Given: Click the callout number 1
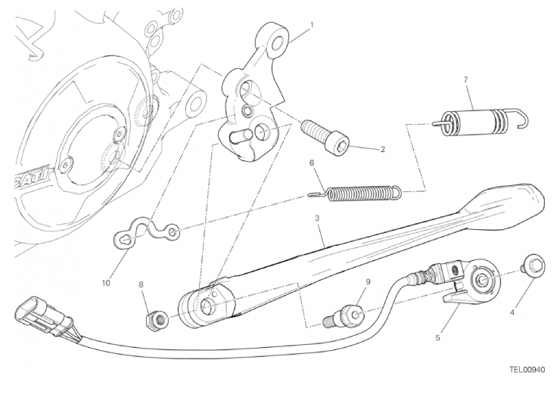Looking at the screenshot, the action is tap(312, 25).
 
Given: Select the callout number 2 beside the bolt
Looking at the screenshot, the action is tap(383, 150).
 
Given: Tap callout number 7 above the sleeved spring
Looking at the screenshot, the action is tap(465, 80).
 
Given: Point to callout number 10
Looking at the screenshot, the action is tap(106, 283).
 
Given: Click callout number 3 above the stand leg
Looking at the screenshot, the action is tap(316, 219).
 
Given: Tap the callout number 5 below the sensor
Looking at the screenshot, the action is tap(438, 337).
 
